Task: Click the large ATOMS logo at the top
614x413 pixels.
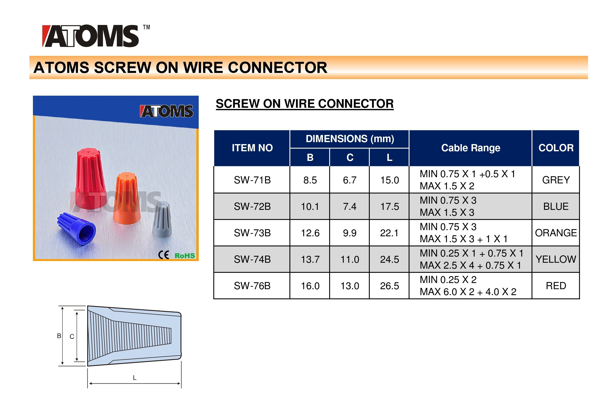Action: tap(91, 36)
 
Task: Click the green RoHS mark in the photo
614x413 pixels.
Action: tap(185, 256)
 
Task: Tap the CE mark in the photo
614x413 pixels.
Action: tap(164, 255)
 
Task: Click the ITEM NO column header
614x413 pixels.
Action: tap(252, 148)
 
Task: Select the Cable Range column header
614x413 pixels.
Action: tap(470, 148)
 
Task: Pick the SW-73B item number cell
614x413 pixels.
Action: tap(252, 233)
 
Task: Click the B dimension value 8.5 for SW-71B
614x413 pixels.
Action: tap(310, 180)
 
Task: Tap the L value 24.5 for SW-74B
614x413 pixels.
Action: tap(389, 260)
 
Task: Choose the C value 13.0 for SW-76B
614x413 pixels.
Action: tap(350, 286)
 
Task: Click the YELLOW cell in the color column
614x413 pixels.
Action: tap(556, 259)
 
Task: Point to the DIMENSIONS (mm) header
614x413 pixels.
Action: tap(350, 139)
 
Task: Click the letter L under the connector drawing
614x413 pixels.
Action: tap(135, 378)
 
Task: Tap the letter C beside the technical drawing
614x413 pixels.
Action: tap(72, 337)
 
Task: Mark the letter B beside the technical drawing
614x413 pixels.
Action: tap(59, 336)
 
